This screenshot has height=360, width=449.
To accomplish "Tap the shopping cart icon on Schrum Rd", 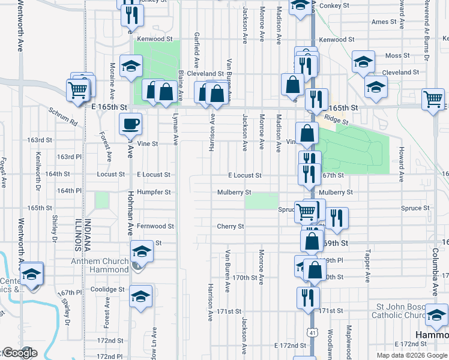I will [x=79, y=90].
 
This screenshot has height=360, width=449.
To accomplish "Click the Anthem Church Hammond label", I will [x=100, y=265].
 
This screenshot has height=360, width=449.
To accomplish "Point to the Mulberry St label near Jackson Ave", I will [x=234, y=193].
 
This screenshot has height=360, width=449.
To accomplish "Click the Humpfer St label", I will [x=155, y=193].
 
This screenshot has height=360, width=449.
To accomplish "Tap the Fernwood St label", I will [x=155, y=226].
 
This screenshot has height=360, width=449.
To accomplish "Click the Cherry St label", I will [x=231, y=226].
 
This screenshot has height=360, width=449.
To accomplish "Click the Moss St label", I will [x=397, y=55].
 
